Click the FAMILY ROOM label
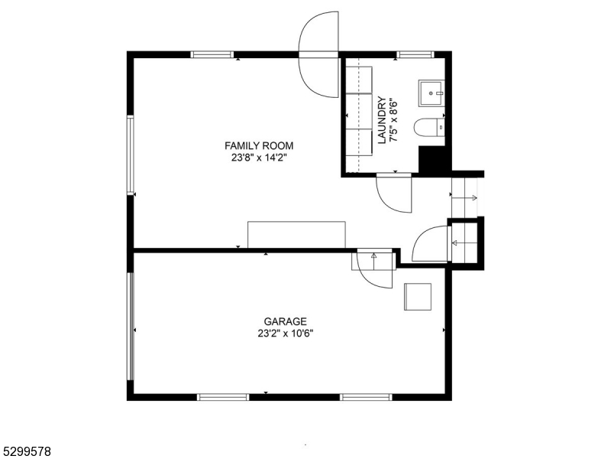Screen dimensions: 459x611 click(258, 145)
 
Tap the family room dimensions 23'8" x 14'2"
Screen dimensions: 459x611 click(258, 158)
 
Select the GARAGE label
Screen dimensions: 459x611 click(285, 321)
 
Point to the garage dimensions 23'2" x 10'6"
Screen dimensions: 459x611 click(285, 334)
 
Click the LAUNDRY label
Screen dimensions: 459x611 click(382, 121)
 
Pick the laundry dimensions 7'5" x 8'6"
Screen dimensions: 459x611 click(394, 121)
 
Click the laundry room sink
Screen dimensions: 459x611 click(432, 93)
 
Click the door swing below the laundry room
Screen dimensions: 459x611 click(393, 193)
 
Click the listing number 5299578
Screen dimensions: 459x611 click(26, 452)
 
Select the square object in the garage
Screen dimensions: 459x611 click(418, 296)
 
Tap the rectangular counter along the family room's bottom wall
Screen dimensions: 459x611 click(296, 235)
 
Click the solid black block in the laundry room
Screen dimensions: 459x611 click(432, 160)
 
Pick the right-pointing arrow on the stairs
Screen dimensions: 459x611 click(467, 198)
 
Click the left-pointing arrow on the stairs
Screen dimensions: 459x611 click(462, 244)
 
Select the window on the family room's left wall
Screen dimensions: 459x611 click(131, 153)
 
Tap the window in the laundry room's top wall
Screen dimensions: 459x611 click(415, 54)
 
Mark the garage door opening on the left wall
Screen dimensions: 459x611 click(131, 325)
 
